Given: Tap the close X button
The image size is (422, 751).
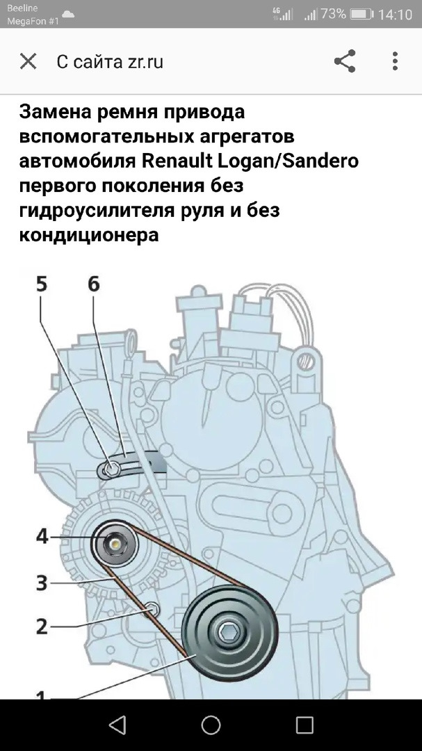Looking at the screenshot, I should pyautogui.click(x=28, y=61).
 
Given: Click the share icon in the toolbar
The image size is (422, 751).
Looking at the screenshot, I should pyautogui.click(x=345, y=61).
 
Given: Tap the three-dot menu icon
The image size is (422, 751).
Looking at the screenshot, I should pyautogui.click(x=395, y=61).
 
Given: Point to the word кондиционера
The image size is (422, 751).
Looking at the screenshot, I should pyautogui.click(x=89, y=235).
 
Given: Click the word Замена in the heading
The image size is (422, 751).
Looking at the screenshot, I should pyautogui.click(x=52, y=113).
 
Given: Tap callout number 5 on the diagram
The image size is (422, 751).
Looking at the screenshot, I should pyautogui.click(x=42, y=284).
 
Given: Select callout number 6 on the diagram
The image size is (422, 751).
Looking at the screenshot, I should pyautogui.click(x=93, y=284).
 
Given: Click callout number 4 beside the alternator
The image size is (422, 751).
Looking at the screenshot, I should pyautogui.click(x=42, y=537).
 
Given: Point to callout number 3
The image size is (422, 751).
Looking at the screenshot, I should pyautogui.click(x=42, y=582).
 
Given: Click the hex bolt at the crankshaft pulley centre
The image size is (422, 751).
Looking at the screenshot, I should pyautogui.click(x=227, y=632).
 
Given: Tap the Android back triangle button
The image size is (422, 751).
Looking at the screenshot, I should pyautogui.click(x=117, y=725).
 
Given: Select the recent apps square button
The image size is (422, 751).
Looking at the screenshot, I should pyautogui.click(x=305, y=725).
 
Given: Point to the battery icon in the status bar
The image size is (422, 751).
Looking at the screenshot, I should pyautogui.click(x=362, y=14).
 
